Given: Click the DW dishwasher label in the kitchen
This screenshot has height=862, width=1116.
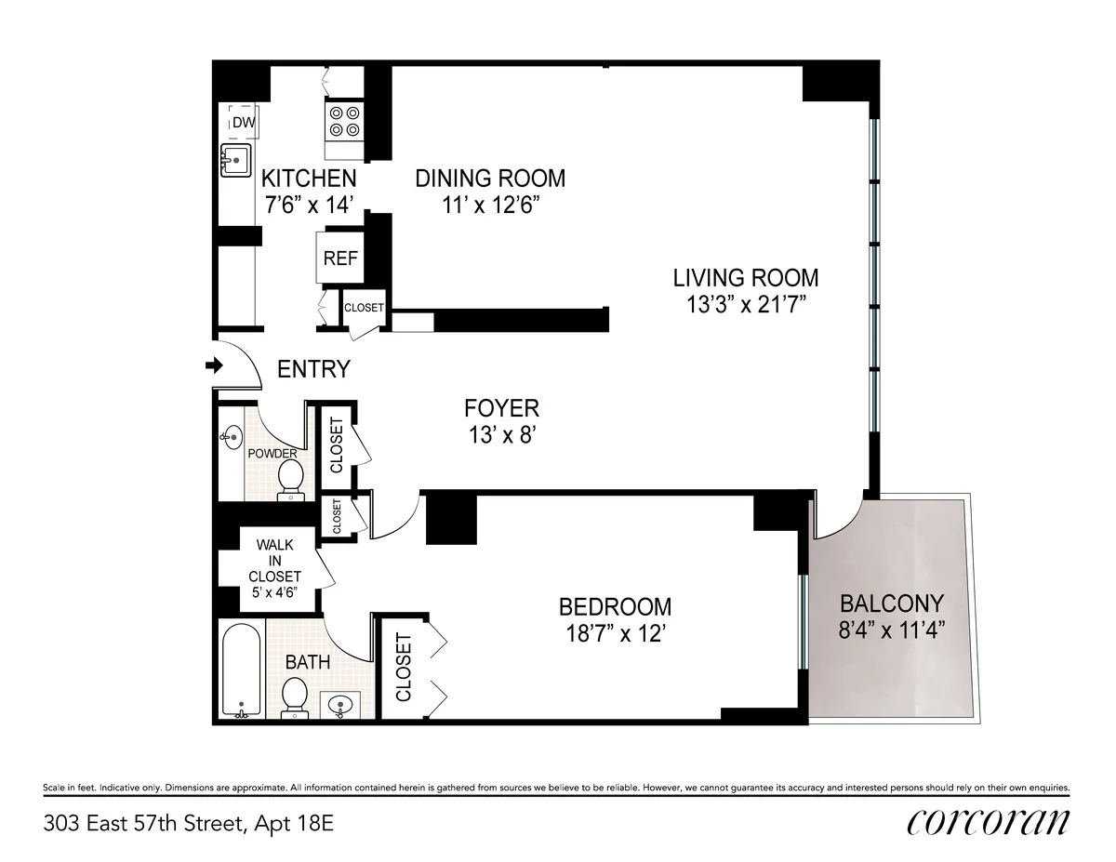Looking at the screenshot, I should [244, 122].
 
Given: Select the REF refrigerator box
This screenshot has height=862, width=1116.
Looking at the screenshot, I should [340, 259].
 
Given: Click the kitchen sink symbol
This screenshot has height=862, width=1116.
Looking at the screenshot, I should [236, 160].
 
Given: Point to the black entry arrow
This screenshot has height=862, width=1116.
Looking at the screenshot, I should [214, 366].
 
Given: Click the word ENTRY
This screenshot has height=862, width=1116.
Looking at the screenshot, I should [314, 369].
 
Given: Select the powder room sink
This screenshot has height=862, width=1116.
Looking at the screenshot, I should [232, 435].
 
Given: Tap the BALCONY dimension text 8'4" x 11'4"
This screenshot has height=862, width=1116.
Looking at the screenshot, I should [891, 629].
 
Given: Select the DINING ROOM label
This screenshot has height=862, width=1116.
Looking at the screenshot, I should [490, 178].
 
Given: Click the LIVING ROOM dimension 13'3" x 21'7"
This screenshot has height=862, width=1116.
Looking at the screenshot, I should [746, 304].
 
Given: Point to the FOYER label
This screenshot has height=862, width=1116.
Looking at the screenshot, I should [501, 407].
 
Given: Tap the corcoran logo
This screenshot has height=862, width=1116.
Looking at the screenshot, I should [988, 823].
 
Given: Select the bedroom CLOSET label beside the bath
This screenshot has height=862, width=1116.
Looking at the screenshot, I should [404, 667].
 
